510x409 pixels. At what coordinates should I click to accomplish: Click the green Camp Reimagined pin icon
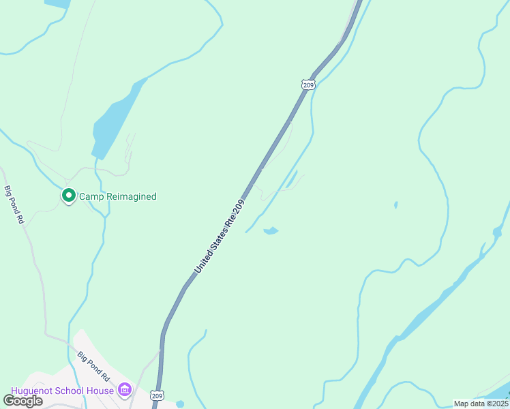click(x=68, y=196)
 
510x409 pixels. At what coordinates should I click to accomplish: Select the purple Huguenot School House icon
click(x=124, y=390)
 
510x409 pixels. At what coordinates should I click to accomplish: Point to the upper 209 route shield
click(x=307, y=85)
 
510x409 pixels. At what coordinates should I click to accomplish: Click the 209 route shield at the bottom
click(x=157, y=395)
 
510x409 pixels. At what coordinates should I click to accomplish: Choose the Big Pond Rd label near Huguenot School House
click(x=93, y=366)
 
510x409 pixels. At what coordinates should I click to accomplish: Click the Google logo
click(x=22, y=401)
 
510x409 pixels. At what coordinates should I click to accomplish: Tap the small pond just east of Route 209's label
click(x=271, y=231)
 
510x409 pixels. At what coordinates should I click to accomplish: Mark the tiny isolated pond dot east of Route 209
click(x=395, y=204)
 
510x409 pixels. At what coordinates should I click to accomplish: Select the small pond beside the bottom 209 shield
click(x=179, y=404)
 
